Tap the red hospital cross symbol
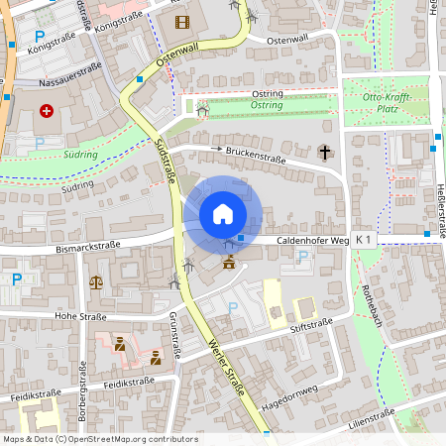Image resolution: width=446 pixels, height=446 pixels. [46, 111]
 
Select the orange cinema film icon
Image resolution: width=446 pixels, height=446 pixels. [180, 22]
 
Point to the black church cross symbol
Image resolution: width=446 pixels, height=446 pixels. [324, 152]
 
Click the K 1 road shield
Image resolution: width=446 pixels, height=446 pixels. [364, 240]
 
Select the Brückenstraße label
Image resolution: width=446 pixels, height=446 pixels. [255, 157]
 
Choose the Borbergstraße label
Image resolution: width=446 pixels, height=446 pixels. [81, 408]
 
